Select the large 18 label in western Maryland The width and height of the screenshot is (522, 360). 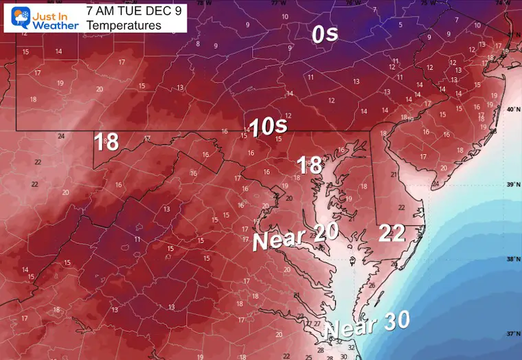[x=106, y=142]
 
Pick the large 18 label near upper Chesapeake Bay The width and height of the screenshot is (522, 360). [x=310, y=165]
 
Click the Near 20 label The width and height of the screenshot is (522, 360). [x=295, y=237]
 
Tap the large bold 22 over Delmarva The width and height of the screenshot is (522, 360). [x=391, y=234]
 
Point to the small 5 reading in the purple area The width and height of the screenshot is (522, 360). [x=400, y=25]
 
